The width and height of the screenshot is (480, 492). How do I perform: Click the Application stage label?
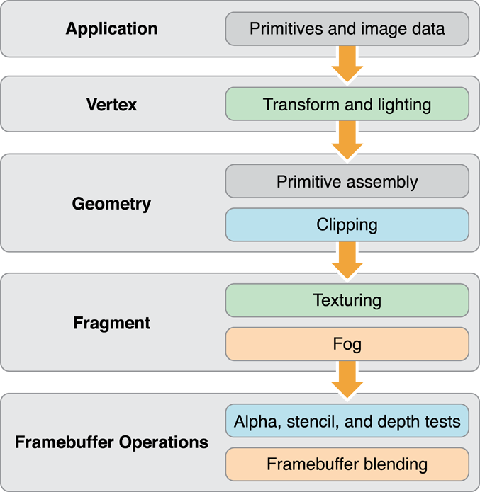[x=111, y=29]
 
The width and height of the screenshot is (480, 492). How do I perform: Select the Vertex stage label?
[x=111, y=104]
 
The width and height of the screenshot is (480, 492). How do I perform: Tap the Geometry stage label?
[x=111, y=204]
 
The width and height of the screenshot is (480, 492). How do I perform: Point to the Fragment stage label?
[x=111, y=323]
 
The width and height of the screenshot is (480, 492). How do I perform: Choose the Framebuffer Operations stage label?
[x=111, y=442]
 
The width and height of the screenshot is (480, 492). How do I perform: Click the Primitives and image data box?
[x=347, y=29]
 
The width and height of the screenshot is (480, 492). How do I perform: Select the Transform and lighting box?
[x=347, y=104]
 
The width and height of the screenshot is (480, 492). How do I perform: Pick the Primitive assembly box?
[x=347, y=181]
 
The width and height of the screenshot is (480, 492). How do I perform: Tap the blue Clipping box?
[x=347, y=225]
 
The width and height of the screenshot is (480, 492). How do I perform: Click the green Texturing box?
[x=347, y=300]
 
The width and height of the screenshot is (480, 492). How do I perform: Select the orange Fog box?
[x=347, y=345]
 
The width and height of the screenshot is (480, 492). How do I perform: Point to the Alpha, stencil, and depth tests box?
[x=347, y=421]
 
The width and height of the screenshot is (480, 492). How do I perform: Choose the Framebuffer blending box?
[x=347, y=464]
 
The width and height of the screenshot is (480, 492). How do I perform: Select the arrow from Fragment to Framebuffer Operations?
[x=347, y=379]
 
